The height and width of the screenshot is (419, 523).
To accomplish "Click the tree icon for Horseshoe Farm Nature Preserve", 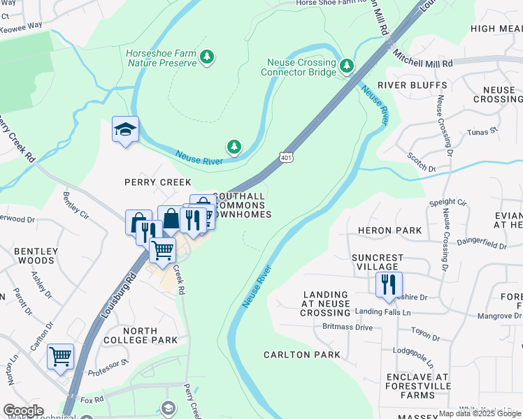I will click(206, 57).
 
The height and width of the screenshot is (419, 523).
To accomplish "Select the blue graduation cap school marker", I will click(125, 130).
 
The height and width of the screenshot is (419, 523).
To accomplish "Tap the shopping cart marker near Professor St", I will click(61, 356).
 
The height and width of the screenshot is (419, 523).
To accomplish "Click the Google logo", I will click(23, 411).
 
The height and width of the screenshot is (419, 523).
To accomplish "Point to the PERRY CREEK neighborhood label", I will click(148, 182).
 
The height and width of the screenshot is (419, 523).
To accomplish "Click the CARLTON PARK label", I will click(302, 355).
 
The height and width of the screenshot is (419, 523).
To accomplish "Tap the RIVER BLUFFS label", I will click(413, 85).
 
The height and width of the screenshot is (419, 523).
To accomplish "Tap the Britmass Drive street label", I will click(348, 327).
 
